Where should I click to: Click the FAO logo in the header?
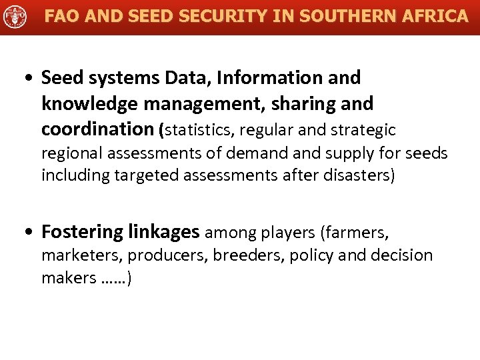tap(15, 17)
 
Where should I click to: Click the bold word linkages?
tap(163, 232)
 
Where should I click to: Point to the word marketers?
tap(82, 255)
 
